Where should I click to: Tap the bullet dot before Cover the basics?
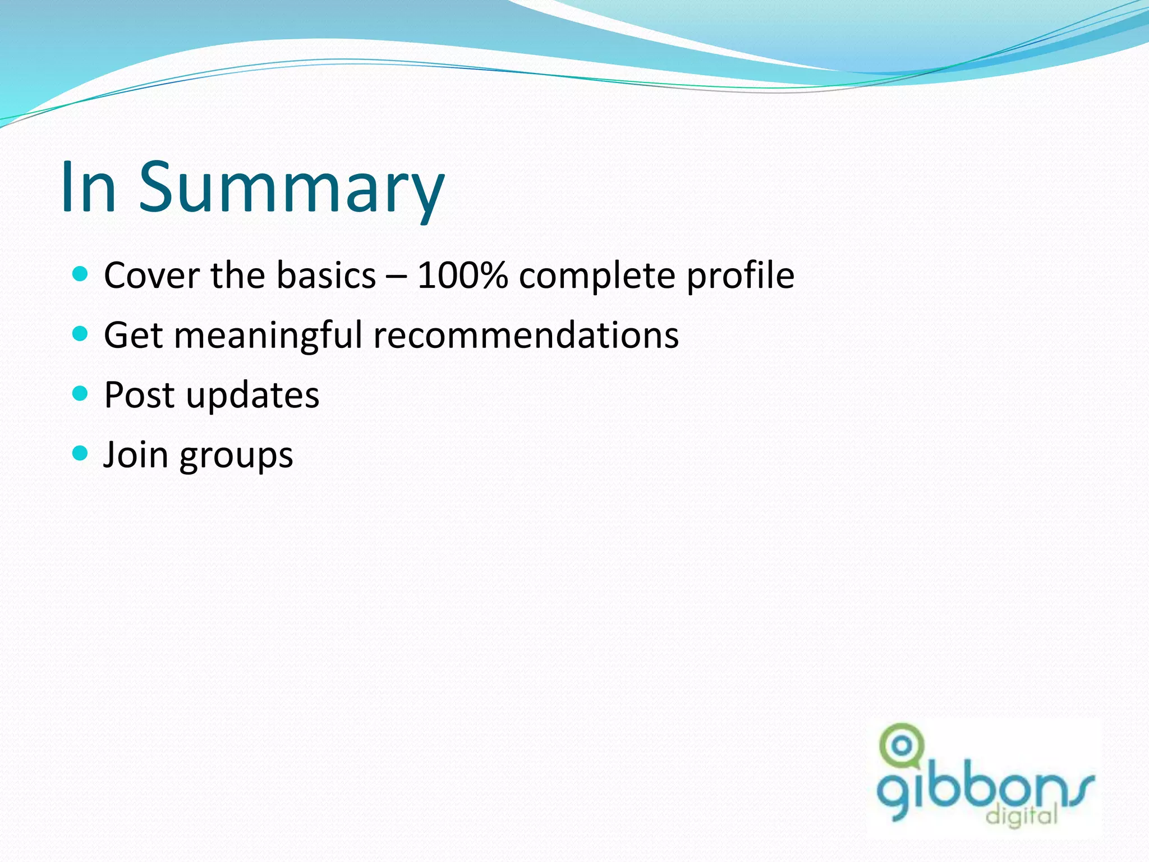point(81,274)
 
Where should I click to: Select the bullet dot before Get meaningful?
point(81,334)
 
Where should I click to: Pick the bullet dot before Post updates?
point(81,393)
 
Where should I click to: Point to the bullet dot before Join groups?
point(81,453)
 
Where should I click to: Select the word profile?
point(741,276)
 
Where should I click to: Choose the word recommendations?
point(526,335)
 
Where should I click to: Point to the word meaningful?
point(268,336)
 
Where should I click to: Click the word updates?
point(252,396)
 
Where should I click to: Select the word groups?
point(236,456)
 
